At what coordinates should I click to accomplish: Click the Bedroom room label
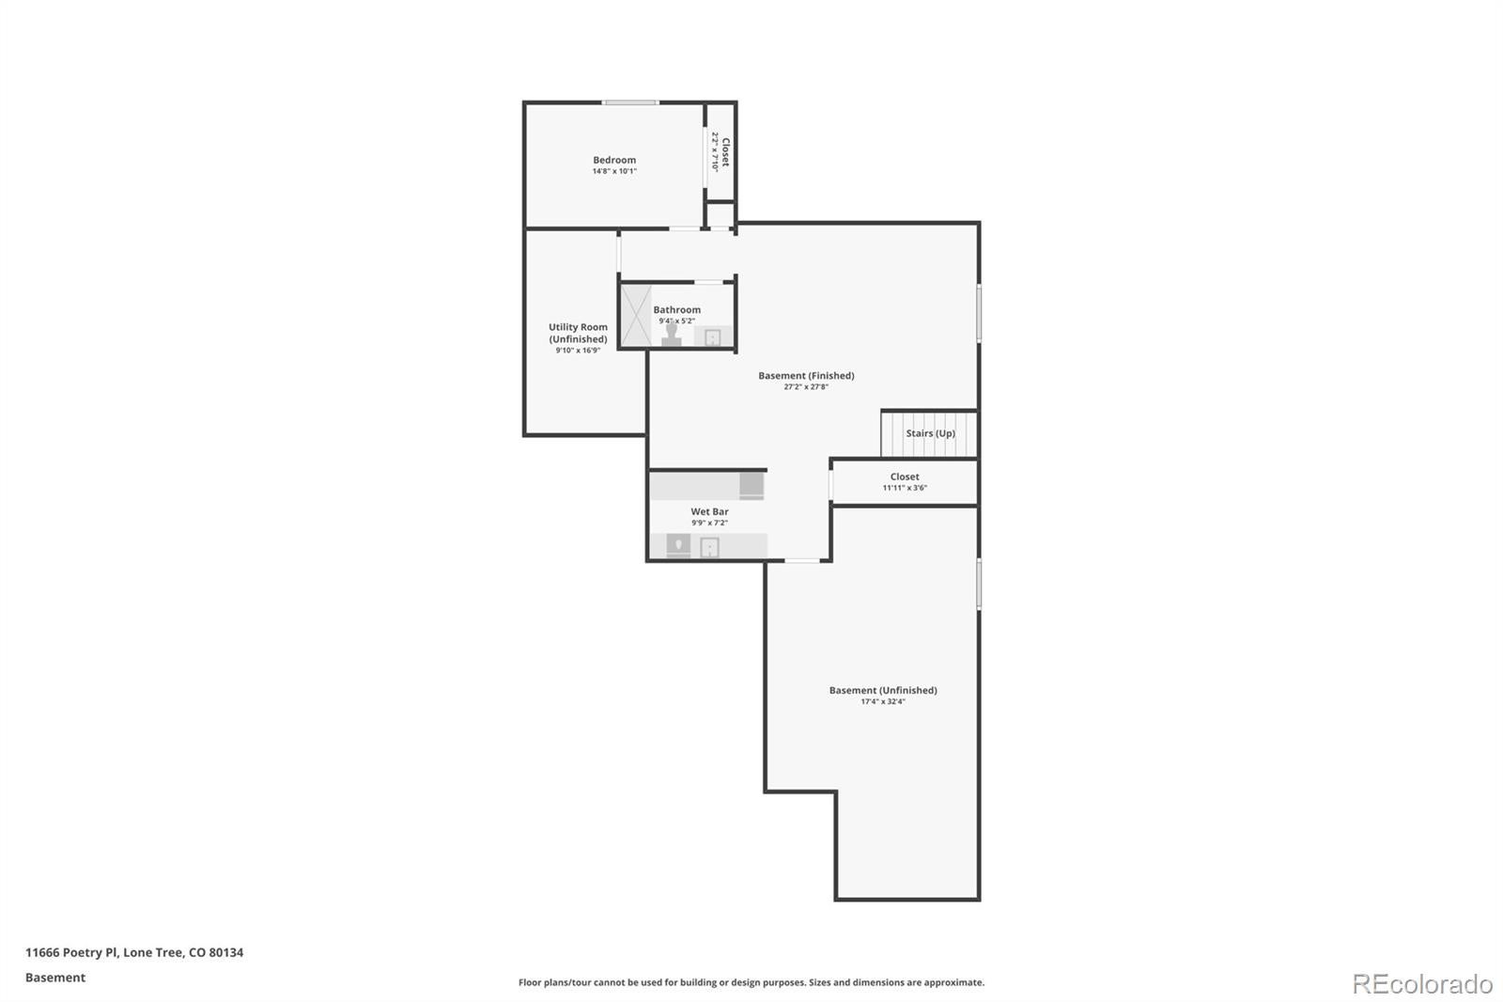[x=614, y=160]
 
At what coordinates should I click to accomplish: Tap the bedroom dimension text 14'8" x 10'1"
[x=614, y=172]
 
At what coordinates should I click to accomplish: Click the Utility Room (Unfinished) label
[x=578, y=333]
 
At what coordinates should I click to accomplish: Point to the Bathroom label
[x=676, y=309]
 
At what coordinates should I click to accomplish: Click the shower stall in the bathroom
[x=636, y=315]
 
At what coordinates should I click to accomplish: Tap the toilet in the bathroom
[x=671, y=337]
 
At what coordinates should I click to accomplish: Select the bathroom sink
[x=712, y=337]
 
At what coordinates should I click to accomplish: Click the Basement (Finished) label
[x=806, y=375]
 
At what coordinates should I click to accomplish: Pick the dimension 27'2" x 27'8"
[x=806, y=386]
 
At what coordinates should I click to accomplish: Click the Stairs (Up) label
[x=930, y=433]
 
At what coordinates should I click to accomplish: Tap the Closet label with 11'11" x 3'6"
[x=905, y=477]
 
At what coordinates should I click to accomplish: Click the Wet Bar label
[x=709, y=511]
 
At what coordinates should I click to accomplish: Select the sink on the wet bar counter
[x=709, y=547]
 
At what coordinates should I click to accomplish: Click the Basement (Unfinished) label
[x=882, y=690]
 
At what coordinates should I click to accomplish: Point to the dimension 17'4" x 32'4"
[x=882, y=701]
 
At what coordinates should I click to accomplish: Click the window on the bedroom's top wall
[x=630, y=102]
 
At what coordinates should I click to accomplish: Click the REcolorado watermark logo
[x=1421, y=983]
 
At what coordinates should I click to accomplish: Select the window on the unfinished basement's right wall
[x=979, y=584]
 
